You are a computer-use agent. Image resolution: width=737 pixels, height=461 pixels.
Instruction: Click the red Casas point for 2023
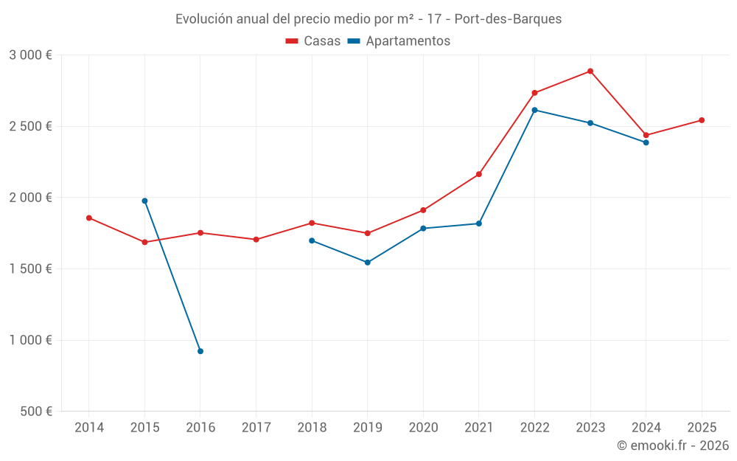point(590,72)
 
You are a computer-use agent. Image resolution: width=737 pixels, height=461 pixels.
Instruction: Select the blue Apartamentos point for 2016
point(200,351)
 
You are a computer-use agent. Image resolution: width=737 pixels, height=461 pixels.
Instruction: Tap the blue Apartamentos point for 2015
point(144,201)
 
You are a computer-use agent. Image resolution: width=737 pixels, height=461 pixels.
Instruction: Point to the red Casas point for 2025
point(702,120)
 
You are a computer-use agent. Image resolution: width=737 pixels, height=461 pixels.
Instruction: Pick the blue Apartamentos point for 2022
point(534,110)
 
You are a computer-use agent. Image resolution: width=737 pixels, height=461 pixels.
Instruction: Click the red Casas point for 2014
point(89,218)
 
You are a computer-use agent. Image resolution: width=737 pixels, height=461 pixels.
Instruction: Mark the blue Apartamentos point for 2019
point(368,263)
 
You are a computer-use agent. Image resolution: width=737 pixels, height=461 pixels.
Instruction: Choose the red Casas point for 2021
point(479,174)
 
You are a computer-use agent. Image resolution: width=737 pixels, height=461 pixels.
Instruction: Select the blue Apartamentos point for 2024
point(646,142)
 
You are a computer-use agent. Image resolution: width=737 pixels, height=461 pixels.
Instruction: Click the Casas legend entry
point(313,41)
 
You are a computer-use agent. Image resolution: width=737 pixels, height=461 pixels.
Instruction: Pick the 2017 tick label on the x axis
point(256,427)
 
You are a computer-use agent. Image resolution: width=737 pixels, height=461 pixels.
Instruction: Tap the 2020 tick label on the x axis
point(423,427)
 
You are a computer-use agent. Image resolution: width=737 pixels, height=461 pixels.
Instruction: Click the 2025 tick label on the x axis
point(702,427)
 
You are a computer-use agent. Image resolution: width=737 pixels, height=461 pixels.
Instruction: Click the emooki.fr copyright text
point(672,446)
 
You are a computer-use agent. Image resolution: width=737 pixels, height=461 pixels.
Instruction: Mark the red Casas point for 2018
point(312,223)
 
